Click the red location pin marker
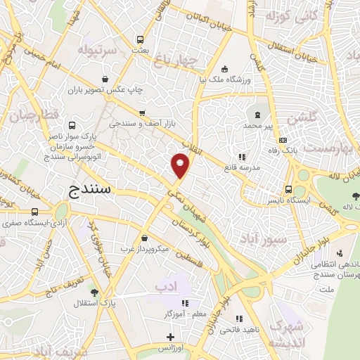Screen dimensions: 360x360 (181, 165)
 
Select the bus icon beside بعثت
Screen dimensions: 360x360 (141, 39)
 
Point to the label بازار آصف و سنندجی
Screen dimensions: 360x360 (141, 124)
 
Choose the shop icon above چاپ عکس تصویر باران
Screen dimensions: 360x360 (105, 79)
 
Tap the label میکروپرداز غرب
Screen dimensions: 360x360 (143, 250)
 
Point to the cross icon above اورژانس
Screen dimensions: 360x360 (170, 337)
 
